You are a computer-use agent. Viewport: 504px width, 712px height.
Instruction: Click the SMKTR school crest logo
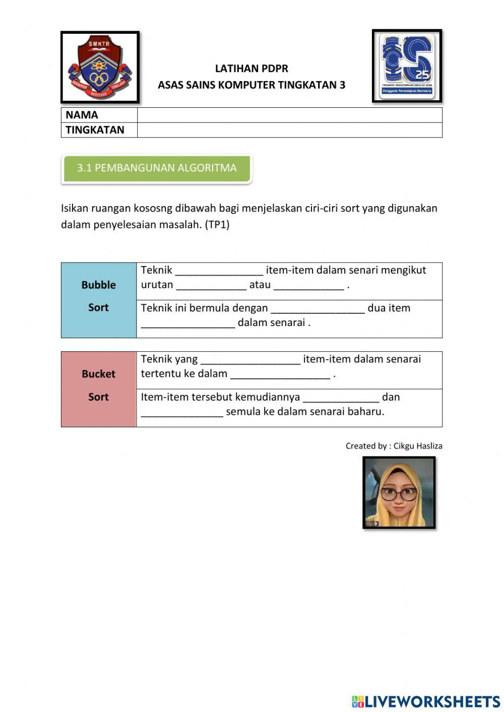(x=100, y=68)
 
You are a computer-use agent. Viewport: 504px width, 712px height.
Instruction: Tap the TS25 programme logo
(x=407, y=66)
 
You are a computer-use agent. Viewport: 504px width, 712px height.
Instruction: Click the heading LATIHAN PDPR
(x=251, y=69)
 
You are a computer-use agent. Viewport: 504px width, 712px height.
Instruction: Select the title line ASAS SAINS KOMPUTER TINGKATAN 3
(x=251, y=85)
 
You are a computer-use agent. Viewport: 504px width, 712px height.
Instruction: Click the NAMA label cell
(x=99, y=115)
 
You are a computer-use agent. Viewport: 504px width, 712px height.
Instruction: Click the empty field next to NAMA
(x=289, y=115)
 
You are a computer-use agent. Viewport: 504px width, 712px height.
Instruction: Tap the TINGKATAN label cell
(x=99, y=130)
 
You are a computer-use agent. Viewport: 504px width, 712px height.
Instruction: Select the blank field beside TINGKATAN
(x=289, y=130)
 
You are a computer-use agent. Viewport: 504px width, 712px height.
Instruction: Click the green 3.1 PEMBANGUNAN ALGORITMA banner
(x=157, y=168)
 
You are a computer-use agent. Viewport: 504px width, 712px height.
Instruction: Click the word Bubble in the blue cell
(x=99, y=285)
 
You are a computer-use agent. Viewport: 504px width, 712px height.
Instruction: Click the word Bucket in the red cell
(x=99, y=374)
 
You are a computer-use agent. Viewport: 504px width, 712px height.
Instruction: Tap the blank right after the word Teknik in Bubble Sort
(x=219, y=271)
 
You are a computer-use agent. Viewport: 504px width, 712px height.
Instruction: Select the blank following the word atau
(x=308, y=285)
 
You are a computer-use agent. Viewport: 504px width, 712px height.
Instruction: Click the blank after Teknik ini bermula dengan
(x=318, y=308)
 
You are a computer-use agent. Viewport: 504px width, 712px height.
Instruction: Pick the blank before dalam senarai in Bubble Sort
(x=188, y=323)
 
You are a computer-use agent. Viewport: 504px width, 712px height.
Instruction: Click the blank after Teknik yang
(x=250, y=359)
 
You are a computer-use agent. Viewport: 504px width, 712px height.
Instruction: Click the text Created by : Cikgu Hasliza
(x=394, y=446)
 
